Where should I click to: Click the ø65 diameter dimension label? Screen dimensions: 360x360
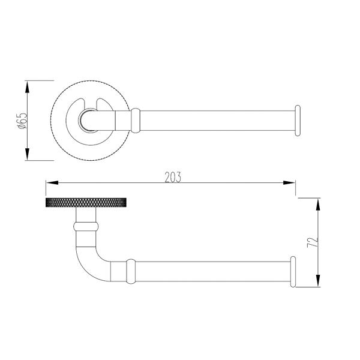click(x=23, y=121)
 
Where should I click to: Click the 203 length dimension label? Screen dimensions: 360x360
click(x=173, y=177)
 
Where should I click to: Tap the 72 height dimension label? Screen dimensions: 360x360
click(x=313, y=242)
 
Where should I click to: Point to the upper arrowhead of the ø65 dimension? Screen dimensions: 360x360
click(x=28, y=88)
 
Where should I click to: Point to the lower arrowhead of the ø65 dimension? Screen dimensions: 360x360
click(x=28, y=154)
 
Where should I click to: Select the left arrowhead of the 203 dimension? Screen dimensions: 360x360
click(x=52, y=183)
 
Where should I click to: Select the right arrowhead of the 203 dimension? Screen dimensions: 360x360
click(x=289, y=183)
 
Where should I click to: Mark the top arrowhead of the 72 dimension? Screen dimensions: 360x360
click(x=318, y=205)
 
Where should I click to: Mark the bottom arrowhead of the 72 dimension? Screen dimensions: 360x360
click(x=318, y=281)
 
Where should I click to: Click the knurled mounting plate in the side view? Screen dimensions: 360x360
click(x=86, y=202)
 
